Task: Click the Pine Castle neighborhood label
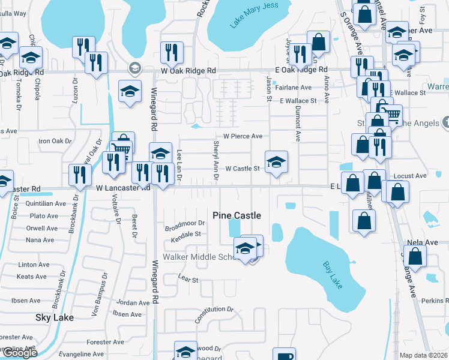tap(237, 215)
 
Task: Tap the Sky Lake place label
tap(55, 317)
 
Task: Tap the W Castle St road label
tap(242, 169)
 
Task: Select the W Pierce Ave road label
tap(243, 136)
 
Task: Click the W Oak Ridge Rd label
tap(188, 70)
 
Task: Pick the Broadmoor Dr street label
tap(185, 226)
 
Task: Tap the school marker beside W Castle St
tap(276, 161)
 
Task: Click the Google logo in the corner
tap(19, 353)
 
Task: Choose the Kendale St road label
tap(185, 234)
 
